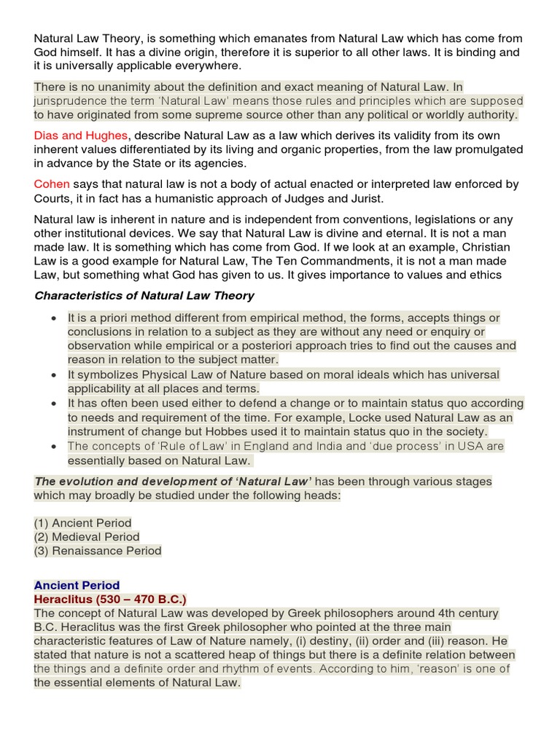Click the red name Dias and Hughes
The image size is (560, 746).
(x=80, y=135)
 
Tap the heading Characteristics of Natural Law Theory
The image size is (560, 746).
(x=144, y=295)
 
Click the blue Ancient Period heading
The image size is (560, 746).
(x=77, y=585)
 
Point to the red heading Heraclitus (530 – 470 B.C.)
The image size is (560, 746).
(x=110, y=599)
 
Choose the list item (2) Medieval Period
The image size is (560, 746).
(x=86, y=537)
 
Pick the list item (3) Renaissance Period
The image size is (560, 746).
(x=98, y=551)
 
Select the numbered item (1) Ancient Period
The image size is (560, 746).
(x=82, y=522)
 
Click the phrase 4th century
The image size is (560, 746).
(x=462, y=613)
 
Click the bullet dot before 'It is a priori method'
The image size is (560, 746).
(x=55, y=318)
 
